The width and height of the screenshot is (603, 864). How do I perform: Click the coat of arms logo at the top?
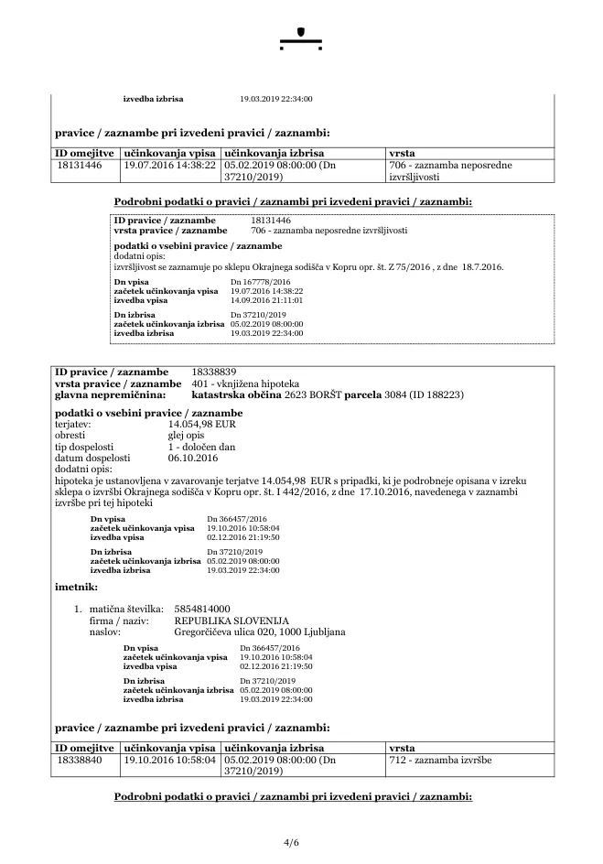pyautogui.click(x=302, y=38)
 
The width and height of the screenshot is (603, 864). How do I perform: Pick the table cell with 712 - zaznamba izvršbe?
pyautogui.click(x=440, y=760)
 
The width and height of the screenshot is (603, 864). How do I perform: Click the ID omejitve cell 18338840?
pyautogui.click(x=79, y=760)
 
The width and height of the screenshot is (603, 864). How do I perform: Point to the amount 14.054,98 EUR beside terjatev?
pyautogui.click(x=202, y=426)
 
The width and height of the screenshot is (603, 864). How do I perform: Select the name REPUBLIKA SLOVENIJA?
pyautogui.click(x=224, y=621)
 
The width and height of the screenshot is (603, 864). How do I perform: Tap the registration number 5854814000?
pyautogui.click(x=202, y=609)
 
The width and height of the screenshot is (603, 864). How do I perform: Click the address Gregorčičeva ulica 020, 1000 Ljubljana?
pyautogui.click(x=259, y=632)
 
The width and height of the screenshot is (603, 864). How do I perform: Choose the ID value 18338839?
pyautogui.click(x=215, y=373)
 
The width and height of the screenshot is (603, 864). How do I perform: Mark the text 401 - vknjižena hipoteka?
pyautogui.click(x=245, y=383)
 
